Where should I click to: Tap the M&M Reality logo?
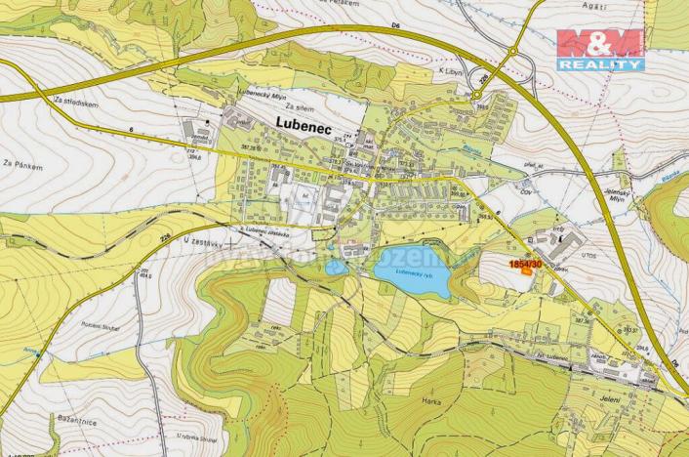[x=600, y=49]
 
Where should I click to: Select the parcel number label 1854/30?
[x=524, y=264]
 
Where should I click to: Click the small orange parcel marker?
[x=528, y=273]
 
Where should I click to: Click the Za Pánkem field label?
[x=24, y=166]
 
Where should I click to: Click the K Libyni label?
[x=455, y=74]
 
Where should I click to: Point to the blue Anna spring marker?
[x=40, y=357]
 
